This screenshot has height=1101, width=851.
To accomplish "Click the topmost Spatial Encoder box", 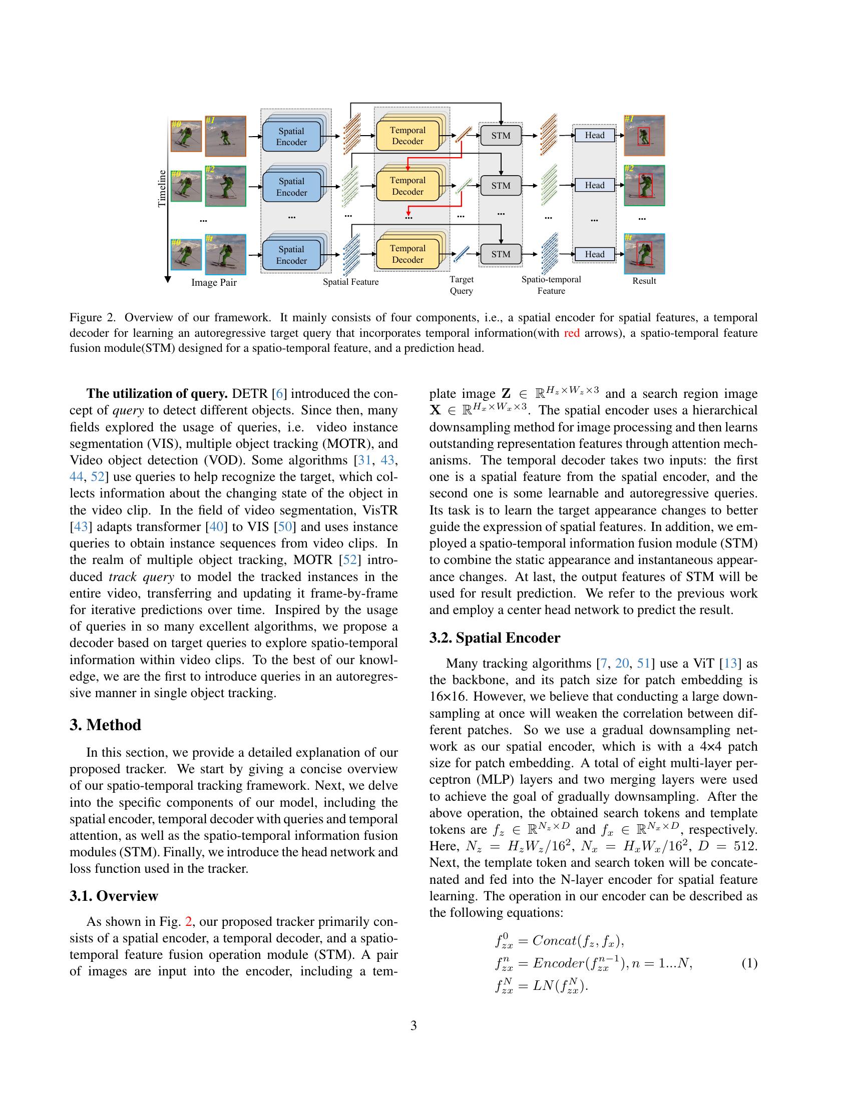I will [x=291, y=137].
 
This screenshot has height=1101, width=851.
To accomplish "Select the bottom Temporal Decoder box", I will [x=407, y=254].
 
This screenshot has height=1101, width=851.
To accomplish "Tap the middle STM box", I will [x=501, y=186].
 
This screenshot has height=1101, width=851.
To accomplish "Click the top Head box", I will [x=594, y=135].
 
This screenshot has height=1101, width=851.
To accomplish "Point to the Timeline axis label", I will [x=162, y=189].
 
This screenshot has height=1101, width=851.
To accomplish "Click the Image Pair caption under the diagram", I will [x=214, y=283].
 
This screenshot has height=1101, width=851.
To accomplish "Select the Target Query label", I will [x=462, y=285].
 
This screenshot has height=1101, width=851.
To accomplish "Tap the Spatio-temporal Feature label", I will [x=551, y=285].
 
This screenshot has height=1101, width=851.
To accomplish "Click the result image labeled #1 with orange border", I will [x=644, y=135].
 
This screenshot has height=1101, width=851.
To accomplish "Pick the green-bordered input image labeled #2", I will [x=225, y=186].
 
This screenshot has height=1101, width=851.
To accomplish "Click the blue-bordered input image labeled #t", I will [x=225, y=254].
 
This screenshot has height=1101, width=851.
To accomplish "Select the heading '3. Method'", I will [x=105, y=725].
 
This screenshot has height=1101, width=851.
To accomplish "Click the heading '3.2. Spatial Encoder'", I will [x=495, y=638].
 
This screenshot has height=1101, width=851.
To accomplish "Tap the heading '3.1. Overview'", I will [x=114, y=896].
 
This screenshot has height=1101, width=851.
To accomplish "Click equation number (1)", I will [x=749, y=963].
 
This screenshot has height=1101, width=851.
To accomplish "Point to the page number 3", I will [x=413, y=1025].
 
